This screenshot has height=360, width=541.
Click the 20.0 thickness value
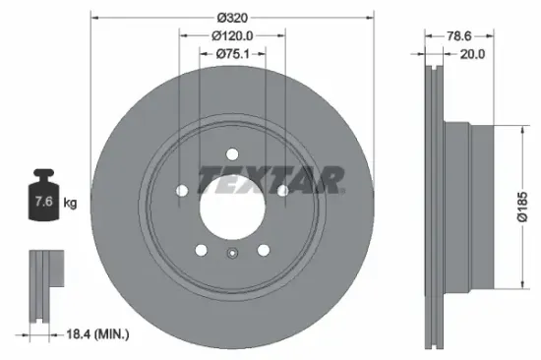[x=473, y=55]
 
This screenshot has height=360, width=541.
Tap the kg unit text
[x=71, y=204]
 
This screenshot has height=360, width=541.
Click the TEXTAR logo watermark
[x=270, y=179]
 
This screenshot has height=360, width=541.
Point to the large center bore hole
[x=232, y=206]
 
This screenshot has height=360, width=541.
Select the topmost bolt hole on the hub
[x=232, y=154]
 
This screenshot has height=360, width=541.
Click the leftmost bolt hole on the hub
[x=183, y=191]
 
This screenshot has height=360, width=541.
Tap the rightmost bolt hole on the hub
[x=281, y=191]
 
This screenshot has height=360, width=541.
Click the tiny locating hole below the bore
[x=232, y=257]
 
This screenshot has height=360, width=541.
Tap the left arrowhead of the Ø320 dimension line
[x=95, y=17]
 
